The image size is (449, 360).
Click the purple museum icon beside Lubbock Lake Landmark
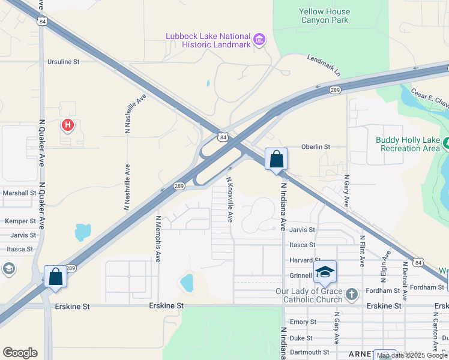click(x=259, y=40)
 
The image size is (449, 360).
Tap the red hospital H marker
click(x=68, y=125)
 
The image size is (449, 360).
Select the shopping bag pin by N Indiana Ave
click(x=276, y=160)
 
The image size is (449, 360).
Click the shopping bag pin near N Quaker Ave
click(x=56, y=277)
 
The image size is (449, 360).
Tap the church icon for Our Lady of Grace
click(x=352, y=295)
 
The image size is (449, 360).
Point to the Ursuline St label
click(x=64, y=62)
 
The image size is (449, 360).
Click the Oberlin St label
click(x=316, y=146)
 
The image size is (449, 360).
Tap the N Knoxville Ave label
click(x=229, y=199)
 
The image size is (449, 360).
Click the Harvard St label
click(x=302, y=260)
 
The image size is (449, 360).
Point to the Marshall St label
click(x=19, y=193)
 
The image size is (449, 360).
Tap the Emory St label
click(x=303, y=322)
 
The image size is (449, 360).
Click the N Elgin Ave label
click(x=384, y=270)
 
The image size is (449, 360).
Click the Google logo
click(x=20, y=353)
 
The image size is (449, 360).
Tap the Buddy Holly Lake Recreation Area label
click(x=408, y=144)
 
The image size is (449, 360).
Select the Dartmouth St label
click(x=309, y=352)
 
